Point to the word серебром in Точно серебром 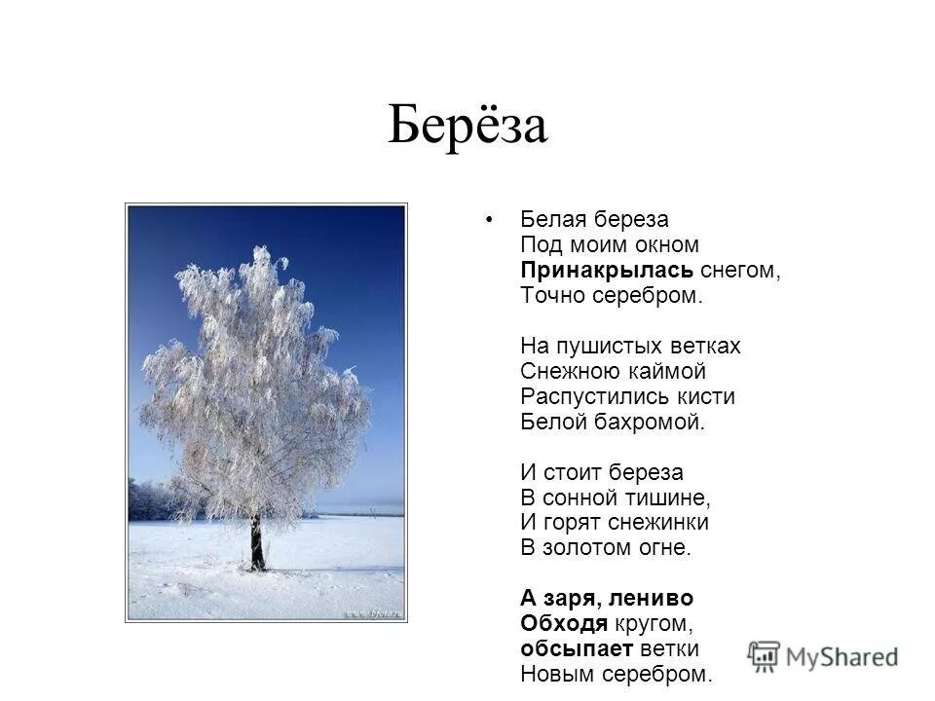coord(649,295)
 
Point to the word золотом coord(588,548)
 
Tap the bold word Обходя coord(565,623)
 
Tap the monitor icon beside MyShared coord(765,655)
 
